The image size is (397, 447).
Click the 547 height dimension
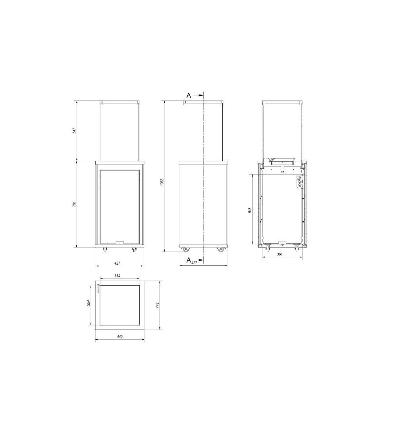74,131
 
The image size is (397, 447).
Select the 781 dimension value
74,204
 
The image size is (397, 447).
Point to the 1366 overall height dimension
162,182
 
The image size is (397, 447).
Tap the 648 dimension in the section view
250,210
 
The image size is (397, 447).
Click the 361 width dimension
279,254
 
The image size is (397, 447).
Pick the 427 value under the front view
118,263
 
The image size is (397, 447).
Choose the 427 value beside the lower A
194,263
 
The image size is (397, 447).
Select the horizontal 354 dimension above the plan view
118,276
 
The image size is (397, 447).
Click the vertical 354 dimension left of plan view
89,303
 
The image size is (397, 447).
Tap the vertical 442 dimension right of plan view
157,305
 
